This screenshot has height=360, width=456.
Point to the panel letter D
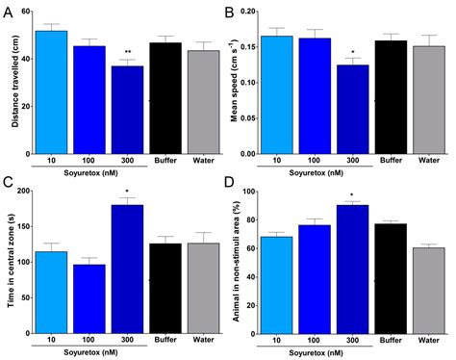tap(237, 182)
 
